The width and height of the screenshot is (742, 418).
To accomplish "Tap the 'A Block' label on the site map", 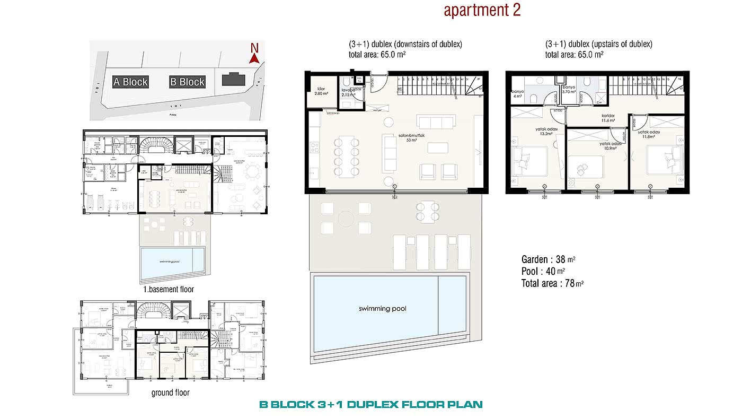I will (x=130, y=82).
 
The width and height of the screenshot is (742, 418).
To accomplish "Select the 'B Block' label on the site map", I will (x=187, y=82).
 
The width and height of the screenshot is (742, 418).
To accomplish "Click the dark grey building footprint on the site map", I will (x=233, y=80).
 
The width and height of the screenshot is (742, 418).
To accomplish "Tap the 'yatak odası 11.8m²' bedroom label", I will (x=650, y=134).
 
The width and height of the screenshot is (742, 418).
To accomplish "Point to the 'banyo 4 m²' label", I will (x=517, y=94).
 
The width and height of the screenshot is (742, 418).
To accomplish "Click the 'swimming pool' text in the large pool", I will (x=382, y=309).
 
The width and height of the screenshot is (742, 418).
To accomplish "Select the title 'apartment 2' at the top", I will (x=482, y=11).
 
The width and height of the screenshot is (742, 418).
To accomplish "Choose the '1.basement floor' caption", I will (x=169, y=290).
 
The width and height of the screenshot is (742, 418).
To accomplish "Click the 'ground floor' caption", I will (x=170, y=393).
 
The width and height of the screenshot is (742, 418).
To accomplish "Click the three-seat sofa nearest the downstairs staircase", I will (x=436, y=123).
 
